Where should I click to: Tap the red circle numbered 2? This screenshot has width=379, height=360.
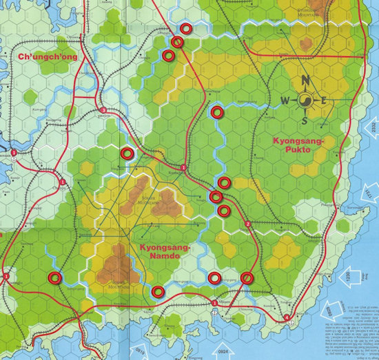click(247, 225)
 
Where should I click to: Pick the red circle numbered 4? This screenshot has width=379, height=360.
click(287, 317)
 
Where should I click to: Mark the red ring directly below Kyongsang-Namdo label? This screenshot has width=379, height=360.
click(158, 291)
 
